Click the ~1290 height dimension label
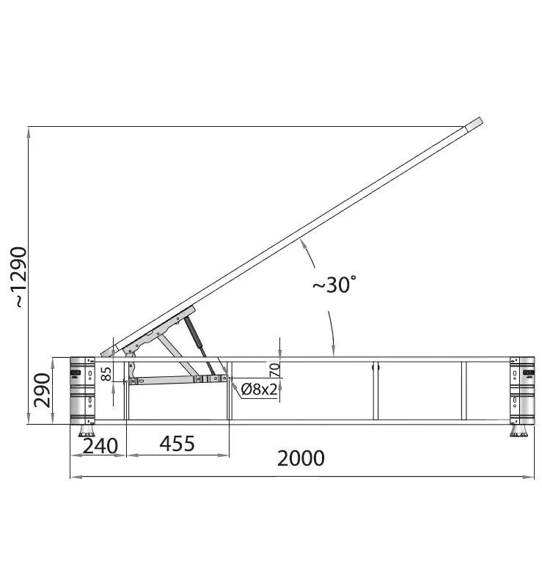click(18, 277)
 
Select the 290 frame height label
click(42, 390)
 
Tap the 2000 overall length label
click(301, 458)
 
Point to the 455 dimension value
click(177, 444)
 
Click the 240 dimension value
click(100, 447)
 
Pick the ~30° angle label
click(334, 285)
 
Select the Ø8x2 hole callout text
click(259, 389)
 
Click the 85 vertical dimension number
click(106, 374)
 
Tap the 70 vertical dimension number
click(274, 370)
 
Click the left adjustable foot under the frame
click(87, 431)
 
